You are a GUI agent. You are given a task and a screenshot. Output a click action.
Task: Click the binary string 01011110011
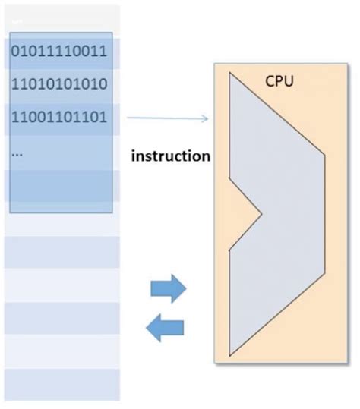click(59, 52)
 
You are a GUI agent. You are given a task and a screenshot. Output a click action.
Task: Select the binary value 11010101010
click(59, 84)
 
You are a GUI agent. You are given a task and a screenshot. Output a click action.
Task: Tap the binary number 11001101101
click(59, 118)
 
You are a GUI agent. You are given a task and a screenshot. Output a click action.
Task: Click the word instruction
click(170, 157)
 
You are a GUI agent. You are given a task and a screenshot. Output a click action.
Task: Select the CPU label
click(279, 80)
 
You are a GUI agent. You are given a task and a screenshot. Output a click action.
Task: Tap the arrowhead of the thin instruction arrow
click(206, 118)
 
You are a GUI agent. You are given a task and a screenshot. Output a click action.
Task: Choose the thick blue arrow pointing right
click(168, 288)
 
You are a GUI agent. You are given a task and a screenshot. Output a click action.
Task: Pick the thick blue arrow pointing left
click(165, 328)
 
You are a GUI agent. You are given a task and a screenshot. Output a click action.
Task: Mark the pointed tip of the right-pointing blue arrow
click(185, 288)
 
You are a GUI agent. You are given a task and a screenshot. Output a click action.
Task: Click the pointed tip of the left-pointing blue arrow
click(147, 328)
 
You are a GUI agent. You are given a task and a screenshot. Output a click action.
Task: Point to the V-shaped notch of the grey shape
click(261, 214)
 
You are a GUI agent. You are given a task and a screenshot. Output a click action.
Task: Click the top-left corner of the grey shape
click(229, 74)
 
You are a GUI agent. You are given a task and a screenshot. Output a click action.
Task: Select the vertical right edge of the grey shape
click(325, 212)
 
